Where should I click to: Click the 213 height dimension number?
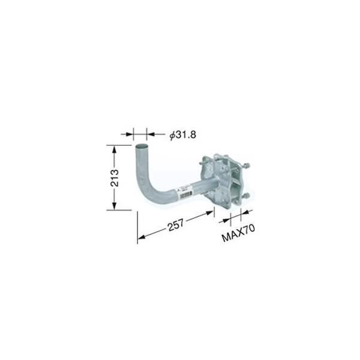pos(115,178)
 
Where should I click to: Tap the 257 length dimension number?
pos(176,225)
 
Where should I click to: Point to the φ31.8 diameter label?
pos(183,135)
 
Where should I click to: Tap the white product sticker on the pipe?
pos(185,192)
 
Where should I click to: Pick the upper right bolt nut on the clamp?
pos(247,166)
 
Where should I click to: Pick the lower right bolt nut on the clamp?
pos(247,196)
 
